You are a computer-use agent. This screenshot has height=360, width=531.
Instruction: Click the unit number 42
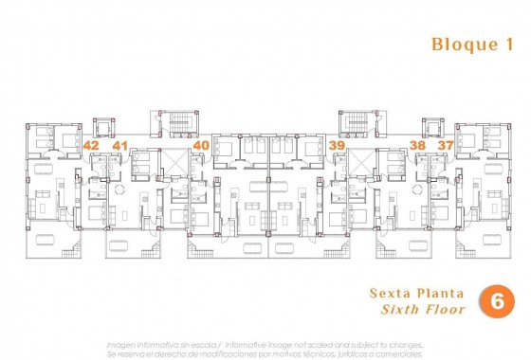(91, 146)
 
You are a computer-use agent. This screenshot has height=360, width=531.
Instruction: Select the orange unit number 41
(119, 146)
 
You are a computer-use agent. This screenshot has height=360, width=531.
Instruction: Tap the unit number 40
(200, 146)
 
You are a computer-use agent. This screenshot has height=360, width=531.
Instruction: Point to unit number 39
(337, 146)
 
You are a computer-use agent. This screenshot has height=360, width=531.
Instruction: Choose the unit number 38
(417, 146)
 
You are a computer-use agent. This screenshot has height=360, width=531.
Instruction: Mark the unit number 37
(445, 146)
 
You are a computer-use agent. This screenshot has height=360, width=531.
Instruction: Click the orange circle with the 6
(495, 300)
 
